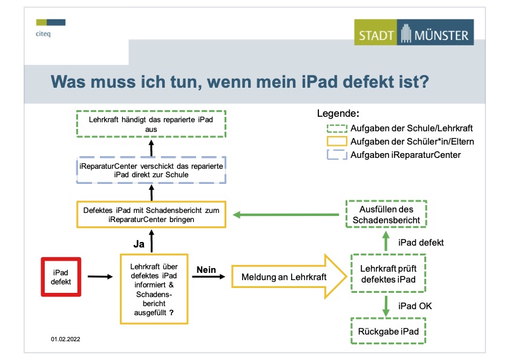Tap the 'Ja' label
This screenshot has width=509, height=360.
[x=139, y=244]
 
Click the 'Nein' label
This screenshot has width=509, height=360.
[x=206, y=270]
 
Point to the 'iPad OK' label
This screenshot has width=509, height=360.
[x=415, y=306]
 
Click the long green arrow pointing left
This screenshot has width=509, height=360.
[x=286, y=215]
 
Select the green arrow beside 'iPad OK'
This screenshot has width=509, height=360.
[x=386, y=306]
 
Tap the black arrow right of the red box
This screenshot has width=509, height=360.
[x=100, y=277]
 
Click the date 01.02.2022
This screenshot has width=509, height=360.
[x=65, y=339]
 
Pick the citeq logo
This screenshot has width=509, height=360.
[x=51, y=28]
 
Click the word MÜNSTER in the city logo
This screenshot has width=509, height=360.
[x=441, y=35]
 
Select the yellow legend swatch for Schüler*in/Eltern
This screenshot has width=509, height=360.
[x=337, y=142]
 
